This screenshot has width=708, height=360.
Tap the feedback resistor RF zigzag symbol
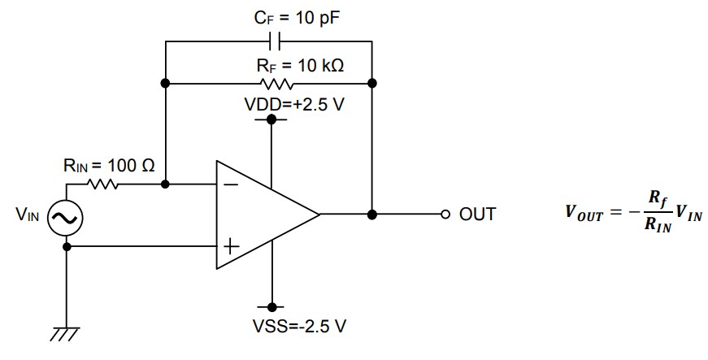[270, 82]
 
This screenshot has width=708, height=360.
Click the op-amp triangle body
[260, 215]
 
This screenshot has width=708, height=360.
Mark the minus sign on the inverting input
[230, 184]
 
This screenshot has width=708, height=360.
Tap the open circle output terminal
[444, 215]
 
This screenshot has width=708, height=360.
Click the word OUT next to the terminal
[477, 215]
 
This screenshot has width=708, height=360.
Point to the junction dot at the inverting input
[166, 184]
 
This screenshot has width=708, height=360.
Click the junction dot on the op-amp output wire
[372, 215]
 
